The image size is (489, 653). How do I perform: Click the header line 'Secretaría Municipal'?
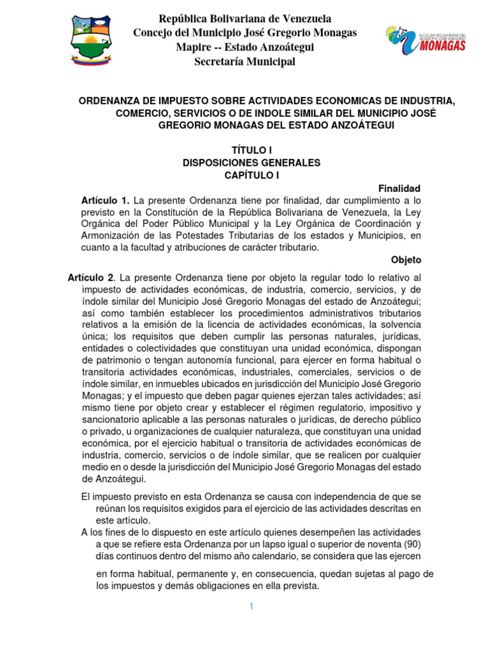244,61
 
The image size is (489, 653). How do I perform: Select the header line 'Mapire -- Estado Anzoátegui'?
244,47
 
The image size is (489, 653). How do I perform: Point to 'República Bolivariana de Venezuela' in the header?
244,18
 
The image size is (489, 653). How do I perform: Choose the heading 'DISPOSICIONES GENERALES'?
251,163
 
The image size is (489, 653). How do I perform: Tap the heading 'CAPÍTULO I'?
251,175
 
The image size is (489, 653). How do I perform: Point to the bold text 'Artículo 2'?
90,277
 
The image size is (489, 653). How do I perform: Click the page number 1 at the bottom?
252,606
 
